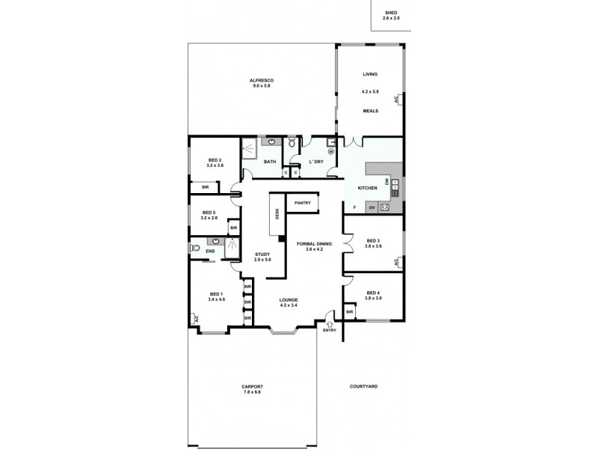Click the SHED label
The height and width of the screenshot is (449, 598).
[391, 13]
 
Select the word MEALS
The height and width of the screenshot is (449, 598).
[371, 111]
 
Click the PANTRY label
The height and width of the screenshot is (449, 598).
[303, 203]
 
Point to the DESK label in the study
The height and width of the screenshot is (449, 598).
[277, 215]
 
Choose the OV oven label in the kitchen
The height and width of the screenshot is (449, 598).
[371, 207]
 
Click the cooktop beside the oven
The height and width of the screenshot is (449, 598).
[385, 207]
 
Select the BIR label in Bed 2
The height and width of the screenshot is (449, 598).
[205, 188]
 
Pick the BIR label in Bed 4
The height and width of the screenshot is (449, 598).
[349, 311]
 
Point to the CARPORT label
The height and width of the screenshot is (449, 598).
[253, 387]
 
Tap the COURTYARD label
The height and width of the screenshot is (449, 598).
[363, 387]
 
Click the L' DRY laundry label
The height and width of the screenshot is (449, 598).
[316, 162]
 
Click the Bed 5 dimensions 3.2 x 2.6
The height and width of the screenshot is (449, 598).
[209, 218]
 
